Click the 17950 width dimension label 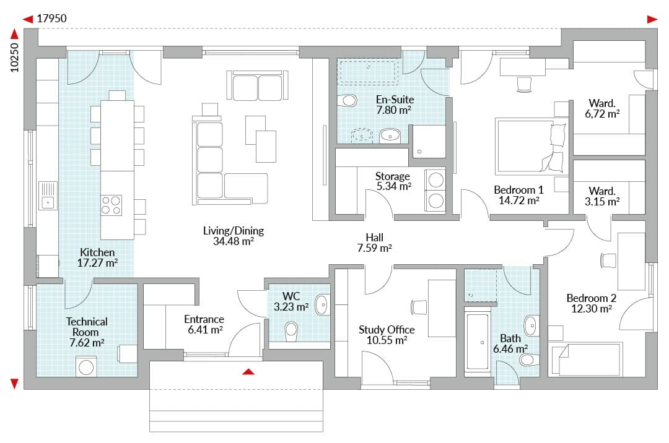pos(51,19)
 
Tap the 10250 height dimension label pos(14,58)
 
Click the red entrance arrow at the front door pos(248,372)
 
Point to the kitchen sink pos(48,196)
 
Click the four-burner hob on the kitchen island pos(111,205)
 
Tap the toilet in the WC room pos(291,331)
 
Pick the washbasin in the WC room pos(322,305)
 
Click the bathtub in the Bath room pos(478,342)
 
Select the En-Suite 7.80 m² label pos(395,105)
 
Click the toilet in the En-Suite pos(348,100)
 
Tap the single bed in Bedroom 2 pos(585,360)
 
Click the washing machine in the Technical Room pos(86,367)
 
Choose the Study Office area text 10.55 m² pos(387,340)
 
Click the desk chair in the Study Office pos(419,307)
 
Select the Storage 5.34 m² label pos(393,181)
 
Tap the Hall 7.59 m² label pos(374,243)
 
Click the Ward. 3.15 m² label pos(601,196)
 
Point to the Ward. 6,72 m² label pos(602,109)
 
